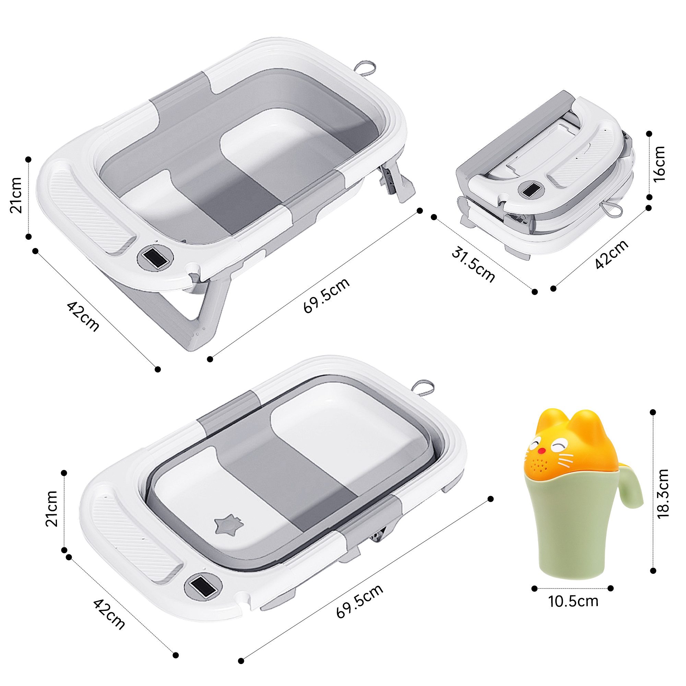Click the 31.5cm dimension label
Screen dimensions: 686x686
tap(473, 265)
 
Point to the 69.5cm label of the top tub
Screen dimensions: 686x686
tap(326, 295)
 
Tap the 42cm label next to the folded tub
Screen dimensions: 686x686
tap(611, 254)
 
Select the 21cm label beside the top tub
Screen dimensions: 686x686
tap(16, 195)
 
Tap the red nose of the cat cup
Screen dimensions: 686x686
tap(542, 461)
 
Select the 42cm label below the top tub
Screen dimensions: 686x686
tap(83, 317)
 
